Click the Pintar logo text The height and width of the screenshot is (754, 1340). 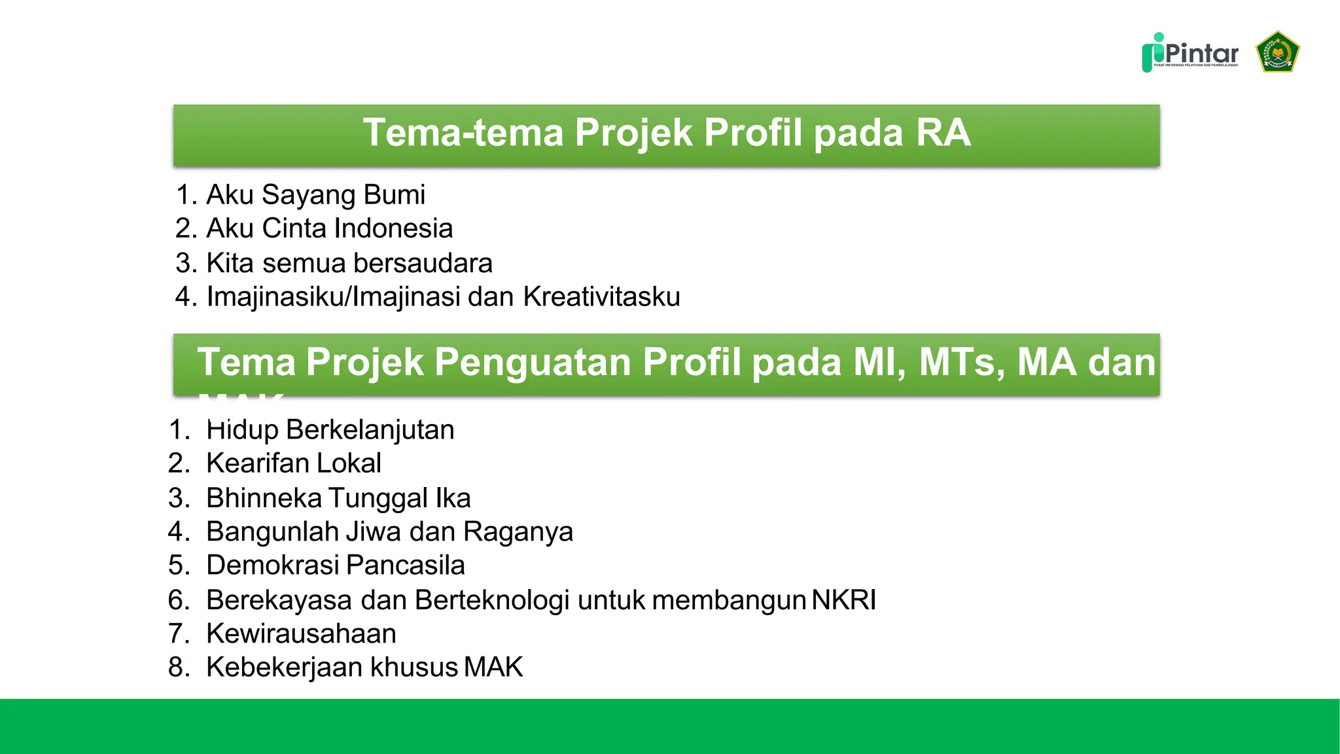[x=1201, y=52]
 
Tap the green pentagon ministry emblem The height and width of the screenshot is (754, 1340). [x=1277, y=52]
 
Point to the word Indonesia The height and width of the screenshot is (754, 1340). [x=393, y=228]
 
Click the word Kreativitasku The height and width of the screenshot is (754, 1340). [x=601, y=297]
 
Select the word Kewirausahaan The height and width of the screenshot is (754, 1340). [x=301, y=634]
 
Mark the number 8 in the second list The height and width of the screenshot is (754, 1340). [x=177, y=668]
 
